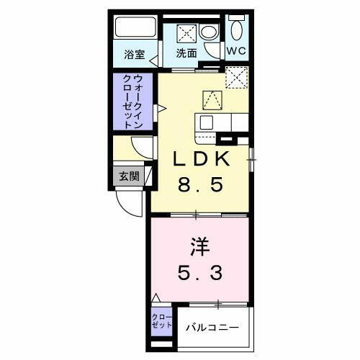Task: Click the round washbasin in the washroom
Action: coord(208,32)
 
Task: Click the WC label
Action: coord(237,51)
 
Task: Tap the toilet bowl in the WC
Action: coord(238,30)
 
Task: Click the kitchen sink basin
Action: coord(207,122)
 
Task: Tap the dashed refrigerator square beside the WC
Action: coord(236,77)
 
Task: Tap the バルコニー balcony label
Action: coord(212,328)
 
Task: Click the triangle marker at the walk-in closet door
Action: coord(161,109)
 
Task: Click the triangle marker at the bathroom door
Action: coord(153,63)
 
